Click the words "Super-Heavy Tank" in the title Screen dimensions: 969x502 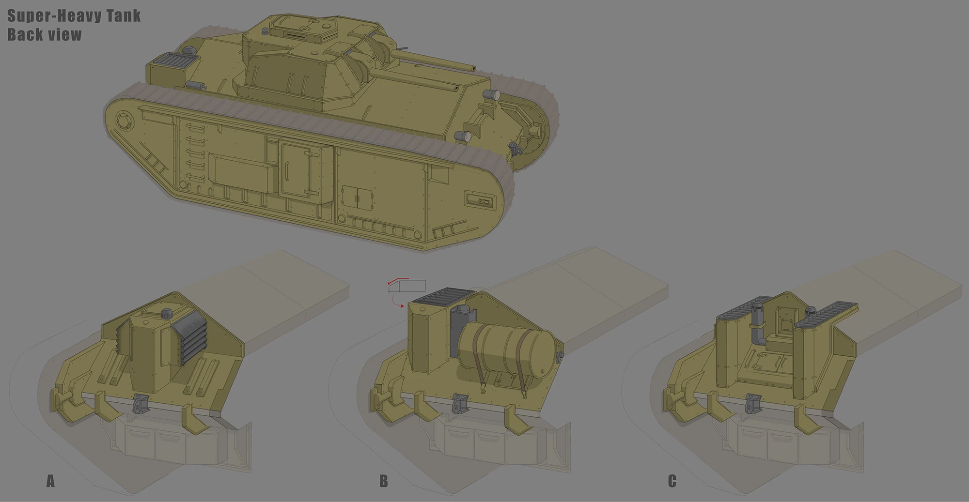coord(74,15)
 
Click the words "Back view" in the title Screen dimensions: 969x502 coord(45,35)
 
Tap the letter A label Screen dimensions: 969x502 coord(50,481)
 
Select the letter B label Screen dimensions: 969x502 coord(384,481)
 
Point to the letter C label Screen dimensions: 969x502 coord(672,481)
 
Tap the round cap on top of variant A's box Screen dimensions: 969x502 coord(167,313)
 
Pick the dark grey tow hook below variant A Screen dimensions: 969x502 coord(140,404)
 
